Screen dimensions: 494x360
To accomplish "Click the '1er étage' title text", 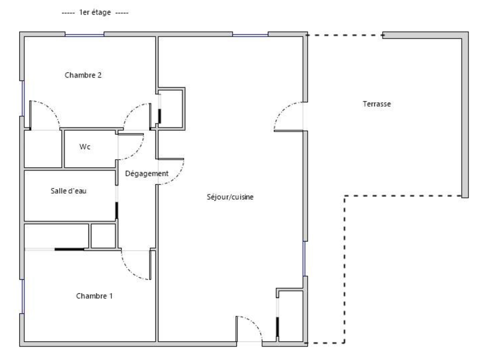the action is coord(95,13).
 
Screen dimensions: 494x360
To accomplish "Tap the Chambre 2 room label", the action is coord(83,75).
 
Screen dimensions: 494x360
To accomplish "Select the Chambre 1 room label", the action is coord(94,296).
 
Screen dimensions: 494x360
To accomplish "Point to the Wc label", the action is coord(85,147).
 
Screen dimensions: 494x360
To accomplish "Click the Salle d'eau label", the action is coord(69,191).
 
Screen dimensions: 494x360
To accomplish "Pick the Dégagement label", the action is coord(147,174).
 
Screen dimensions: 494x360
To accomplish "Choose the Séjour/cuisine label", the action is coord(230,197).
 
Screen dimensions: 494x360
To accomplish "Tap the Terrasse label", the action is coord(377,104).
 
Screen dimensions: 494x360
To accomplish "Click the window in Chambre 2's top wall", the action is coord(85,35).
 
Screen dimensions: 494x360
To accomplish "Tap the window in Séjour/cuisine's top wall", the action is coord(250,35).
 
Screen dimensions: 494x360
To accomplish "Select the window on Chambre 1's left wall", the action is coord(23,296).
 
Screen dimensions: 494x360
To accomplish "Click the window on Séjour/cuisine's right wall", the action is coord(304,259).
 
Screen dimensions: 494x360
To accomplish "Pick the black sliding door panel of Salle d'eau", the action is coord(117,211).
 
